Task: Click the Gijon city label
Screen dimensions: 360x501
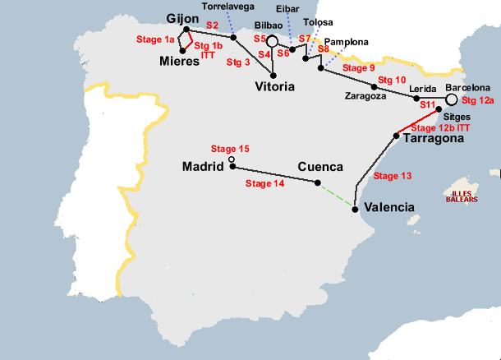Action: click(183, 20)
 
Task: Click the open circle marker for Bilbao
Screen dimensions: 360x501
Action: click(273, 40)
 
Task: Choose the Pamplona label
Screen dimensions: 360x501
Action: click(347, 41)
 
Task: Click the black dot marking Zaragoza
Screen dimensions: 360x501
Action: click(374, 86)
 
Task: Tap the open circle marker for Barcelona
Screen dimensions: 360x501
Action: click(451, 99)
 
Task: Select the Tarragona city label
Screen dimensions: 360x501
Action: click(432, 139)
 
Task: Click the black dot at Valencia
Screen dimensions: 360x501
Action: click(355, 209)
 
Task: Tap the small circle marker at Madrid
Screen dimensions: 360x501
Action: click(232, 159)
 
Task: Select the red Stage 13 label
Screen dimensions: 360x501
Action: click(392, 176)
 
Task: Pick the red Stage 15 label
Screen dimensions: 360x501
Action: click(230, 149)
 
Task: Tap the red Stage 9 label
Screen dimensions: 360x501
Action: click(358, 67)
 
